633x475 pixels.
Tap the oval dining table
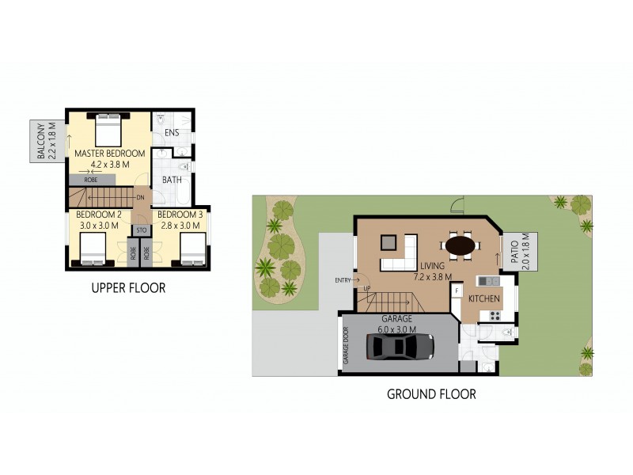click(461, 245)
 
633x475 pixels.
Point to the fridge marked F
click(457, 291)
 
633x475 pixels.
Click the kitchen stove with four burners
click(495, 315)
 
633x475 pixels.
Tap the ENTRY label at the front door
click(343, 280)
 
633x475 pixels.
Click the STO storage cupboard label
click(142, 230)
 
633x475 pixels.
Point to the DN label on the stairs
click(140, 197)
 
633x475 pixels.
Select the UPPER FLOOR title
click(128, 288)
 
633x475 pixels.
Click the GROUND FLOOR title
click(431, 393)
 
